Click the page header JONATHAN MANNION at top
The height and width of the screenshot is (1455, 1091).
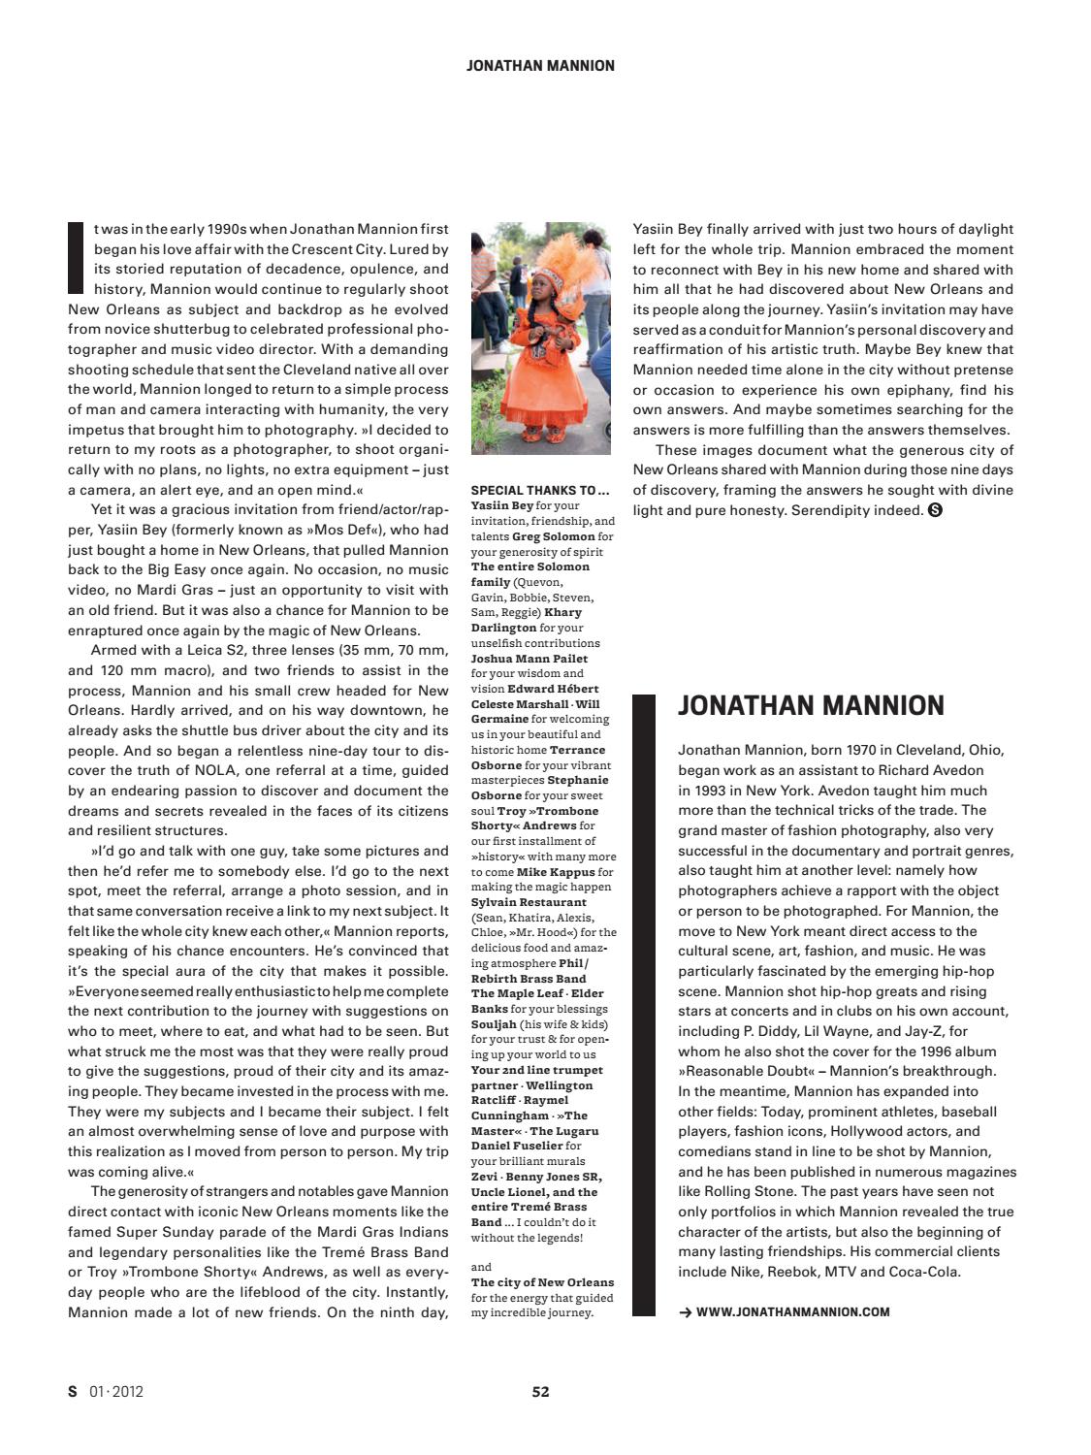tap(540, 66)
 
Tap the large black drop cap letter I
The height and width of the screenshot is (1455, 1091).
tap(76, 257)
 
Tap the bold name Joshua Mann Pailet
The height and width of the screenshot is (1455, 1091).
tap(529, 659)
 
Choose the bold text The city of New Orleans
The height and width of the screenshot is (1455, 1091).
tap(542, 1282)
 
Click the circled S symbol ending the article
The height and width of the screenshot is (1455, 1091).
tap(936, 510)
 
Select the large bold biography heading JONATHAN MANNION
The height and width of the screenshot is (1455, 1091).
tap(811, 705)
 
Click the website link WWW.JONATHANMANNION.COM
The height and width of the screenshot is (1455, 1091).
tap(792, 1312)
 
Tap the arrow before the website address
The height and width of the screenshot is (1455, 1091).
tap(685, 1312)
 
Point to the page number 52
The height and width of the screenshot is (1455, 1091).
tap(540, 1391)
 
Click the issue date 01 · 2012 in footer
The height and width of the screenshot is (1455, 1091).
tap(115, 1391)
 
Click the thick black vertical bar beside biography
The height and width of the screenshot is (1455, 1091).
tap(644, 1004)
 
